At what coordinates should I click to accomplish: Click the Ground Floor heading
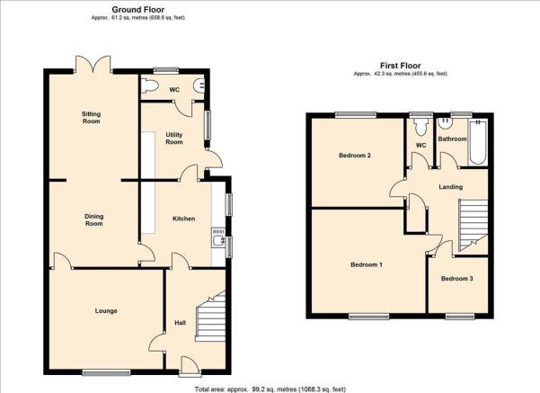[137, 10]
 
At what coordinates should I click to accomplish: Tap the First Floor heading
[401, 66]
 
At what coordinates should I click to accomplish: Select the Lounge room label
[106, 311]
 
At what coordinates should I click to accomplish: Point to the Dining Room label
[94, 220]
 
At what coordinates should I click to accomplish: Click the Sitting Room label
[91, 118]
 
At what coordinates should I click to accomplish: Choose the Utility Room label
[174, 138]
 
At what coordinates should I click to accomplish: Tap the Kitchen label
[184, 219]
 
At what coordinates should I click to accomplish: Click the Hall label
[180, 323]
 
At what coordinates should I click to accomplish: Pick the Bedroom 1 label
[367, 264]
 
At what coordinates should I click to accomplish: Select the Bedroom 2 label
[355, 156]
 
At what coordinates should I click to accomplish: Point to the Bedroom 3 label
[457, 279]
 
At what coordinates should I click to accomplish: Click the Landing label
[450, 187]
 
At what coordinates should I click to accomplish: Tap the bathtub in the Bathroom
[478, 142]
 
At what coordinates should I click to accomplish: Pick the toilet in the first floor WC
[420, 127]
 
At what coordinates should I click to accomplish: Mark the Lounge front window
[106, 372]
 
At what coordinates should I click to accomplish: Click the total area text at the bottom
[270, 389]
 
